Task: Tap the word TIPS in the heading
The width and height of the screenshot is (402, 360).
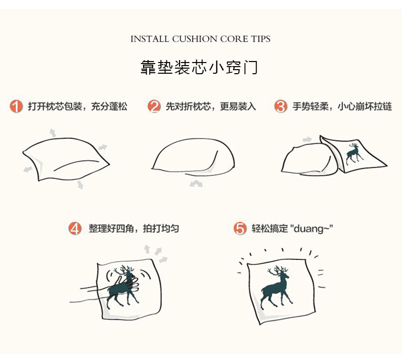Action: pyautogui.click(x=261, y=39)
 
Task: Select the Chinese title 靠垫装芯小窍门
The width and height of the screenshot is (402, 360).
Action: pyautogui.click(x=198, y=68)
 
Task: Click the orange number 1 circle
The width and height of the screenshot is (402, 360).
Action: pyautogui.click(x=16, y=106)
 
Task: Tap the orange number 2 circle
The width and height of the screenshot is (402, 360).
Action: pyautogui.click(x=154, y=106)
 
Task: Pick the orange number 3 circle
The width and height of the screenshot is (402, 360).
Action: pyautogui.click(x=280, y=106)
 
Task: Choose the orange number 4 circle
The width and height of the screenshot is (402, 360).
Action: pyautogui.click(x=75, y=228)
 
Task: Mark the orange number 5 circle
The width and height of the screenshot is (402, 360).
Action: pyautogui.click(x=240, y=228)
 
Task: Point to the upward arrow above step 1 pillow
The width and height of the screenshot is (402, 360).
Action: pyautogui.click(x=52, y=133)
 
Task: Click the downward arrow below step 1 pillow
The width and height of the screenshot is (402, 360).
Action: pyautogui.click(x=80, y=184)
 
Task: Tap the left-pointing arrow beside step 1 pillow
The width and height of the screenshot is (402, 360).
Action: pyautogui.click(x=27, y=169)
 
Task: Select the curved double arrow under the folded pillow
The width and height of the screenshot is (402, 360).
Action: pyautogui.click(x=196, y=183)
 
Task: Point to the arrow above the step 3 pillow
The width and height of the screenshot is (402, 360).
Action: pyautogui.click(x=307, y=140)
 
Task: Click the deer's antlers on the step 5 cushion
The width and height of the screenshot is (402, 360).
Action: pyautogui.click(x=277, y=271)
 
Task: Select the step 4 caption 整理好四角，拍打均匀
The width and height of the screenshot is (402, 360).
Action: pyautogui.click(x=134, y=228)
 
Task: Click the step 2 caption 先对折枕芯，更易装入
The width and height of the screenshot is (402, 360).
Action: pyautogui.click(x=211, y=106)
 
